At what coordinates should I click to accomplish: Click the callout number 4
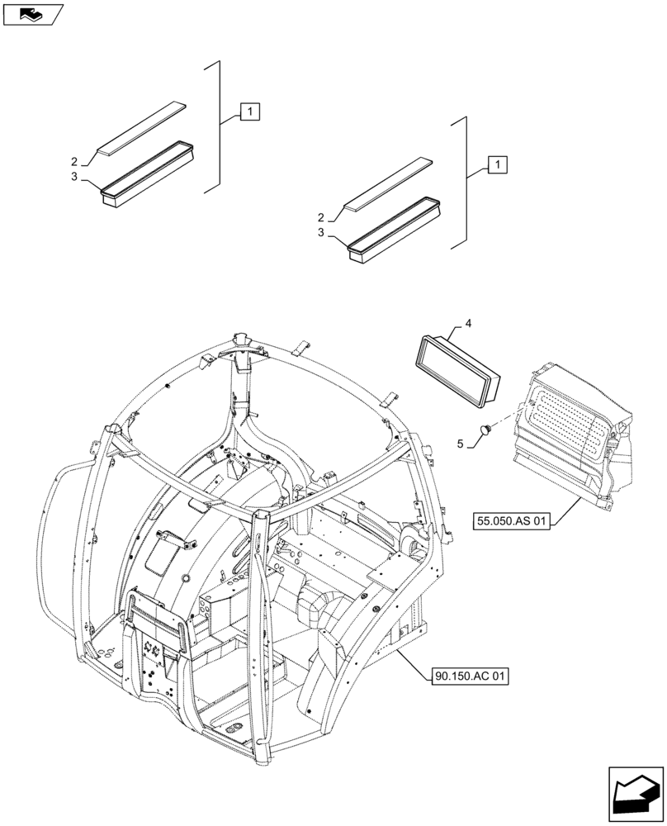[x=468, y=325]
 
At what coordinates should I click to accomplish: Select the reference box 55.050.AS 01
[x=513, y=521]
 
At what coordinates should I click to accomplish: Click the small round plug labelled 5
[x=487, y=429]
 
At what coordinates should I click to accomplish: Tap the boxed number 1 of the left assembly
[x=250, y=112]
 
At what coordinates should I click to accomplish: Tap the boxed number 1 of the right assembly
[x=497, y=164]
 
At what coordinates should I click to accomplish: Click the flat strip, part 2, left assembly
[x=142, y=128]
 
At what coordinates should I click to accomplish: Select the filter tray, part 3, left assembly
[x=147, y=170]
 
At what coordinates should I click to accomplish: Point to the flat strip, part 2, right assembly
[x=389, y=183]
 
